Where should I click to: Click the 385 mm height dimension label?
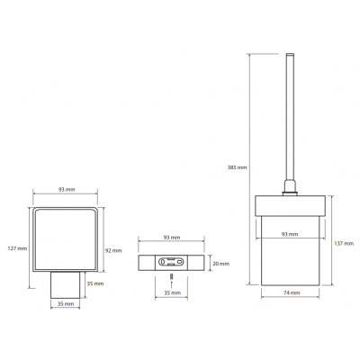click(x=237, y=167)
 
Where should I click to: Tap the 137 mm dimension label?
click(x=344, y=244)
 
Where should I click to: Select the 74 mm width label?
click(x=291, y=292)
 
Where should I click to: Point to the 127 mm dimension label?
click(x=17, y=248)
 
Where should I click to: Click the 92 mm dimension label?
click(x=113, y=250)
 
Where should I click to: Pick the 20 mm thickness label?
click(x=220, y=264)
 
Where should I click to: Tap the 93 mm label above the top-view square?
click(x=67, y=190)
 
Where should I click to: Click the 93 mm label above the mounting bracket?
click(x=172, y=238)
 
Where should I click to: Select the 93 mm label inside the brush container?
click(x=290, y=234)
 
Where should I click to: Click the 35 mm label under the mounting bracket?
click(x=173, y=292)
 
